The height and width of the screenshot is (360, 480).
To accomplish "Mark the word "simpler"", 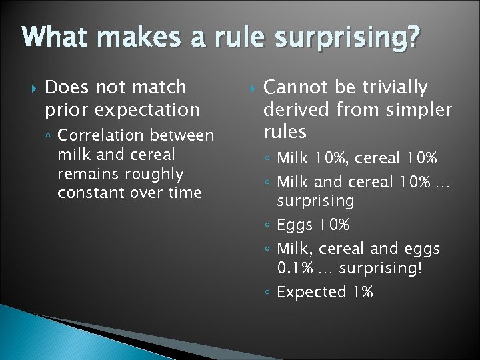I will (417, 109).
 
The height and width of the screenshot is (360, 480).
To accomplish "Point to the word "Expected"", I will (311, 292).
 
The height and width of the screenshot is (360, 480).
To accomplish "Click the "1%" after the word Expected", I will (363, 292).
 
